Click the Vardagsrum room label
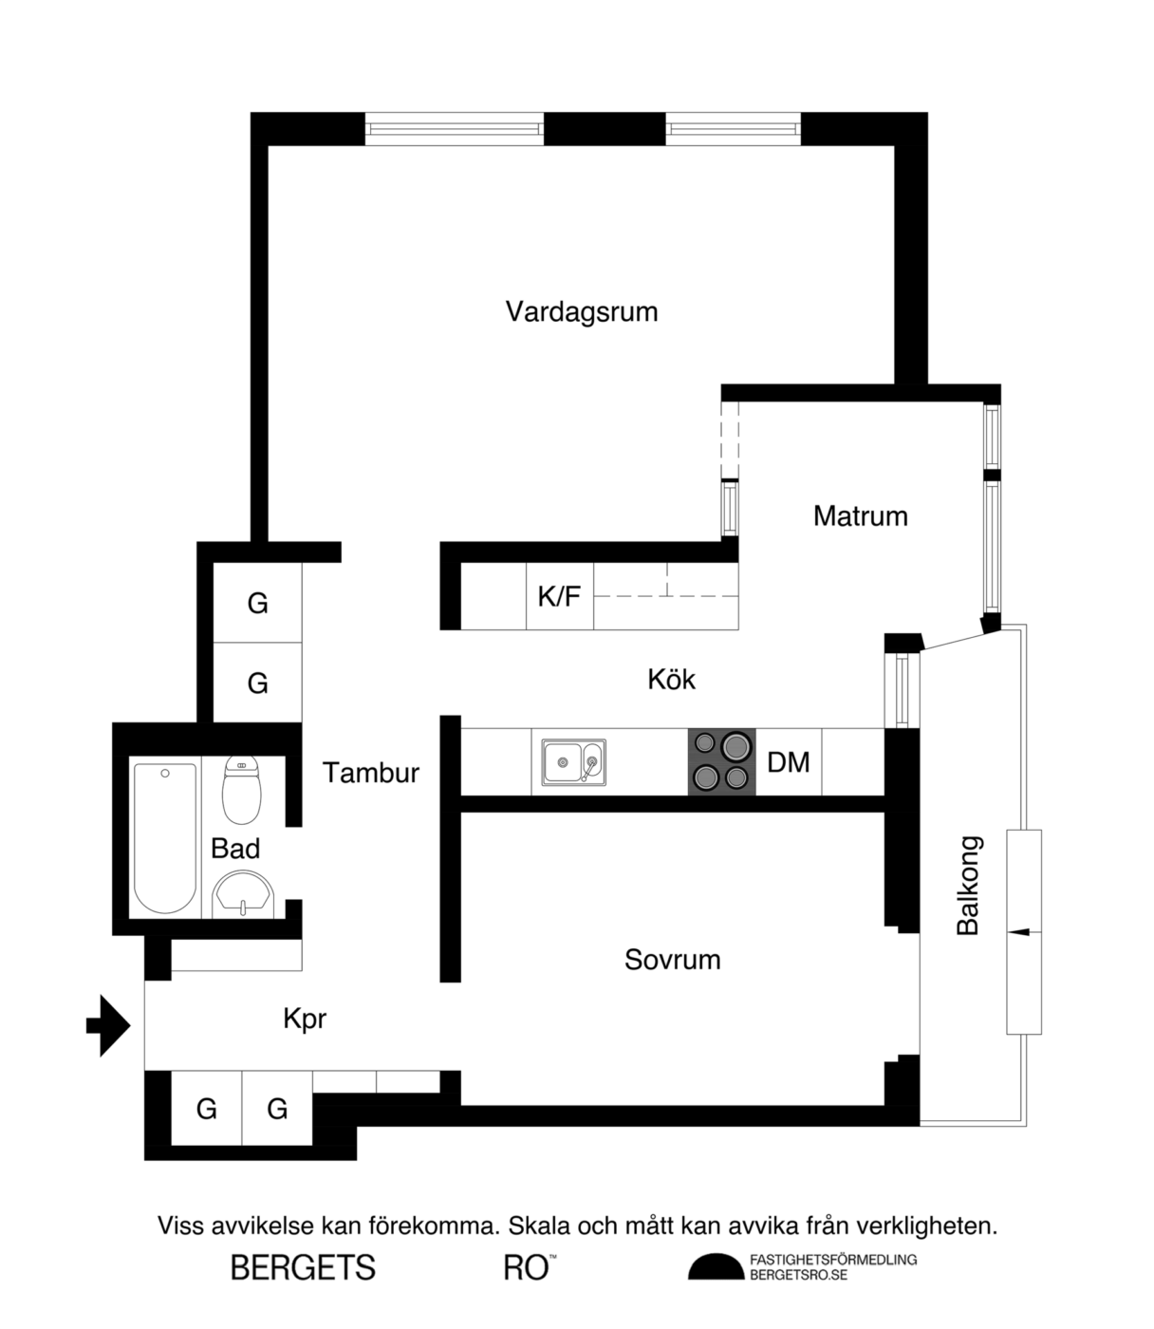pos(581,312)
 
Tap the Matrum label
pos(861,516)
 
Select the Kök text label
pos(672,680)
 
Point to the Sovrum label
pos(673,960)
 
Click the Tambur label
pos(371,773)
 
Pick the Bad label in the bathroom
pos(235,849)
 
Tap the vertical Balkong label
pos(968,886)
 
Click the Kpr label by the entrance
pos(305,1020)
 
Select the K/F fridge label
pos(559,596)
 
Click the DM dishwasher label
pos(789,762)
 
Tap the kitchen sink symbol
pos(573,762)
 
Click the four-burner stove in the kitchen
pos(721,762)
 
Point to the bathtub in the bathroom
pos(165,838)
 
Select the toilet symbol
pos(242,791)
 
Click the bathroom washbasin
pos(243,894)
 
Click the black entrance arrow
pos(108,1025)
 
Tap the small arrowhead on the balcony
pos(1020,933)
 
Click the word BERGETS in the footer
pos(304,1267)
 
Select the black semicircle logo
pos(717,1266)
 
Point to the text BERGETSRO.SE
pos(799,1275)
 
